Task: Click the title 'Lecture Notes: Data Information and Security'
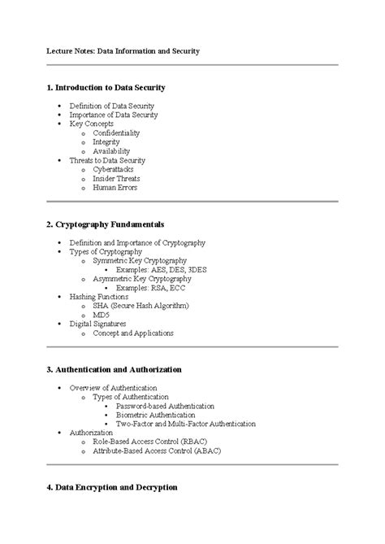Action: (x=122, y=50)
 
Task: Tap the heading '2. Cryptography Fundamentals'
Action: (x=105, y=223)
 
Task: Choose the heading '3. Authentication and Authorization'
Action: (x=114, y=369)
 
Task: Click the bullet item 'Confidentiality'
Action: (x=116, y=133)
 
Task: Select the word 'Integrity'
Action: (x=106, y=141)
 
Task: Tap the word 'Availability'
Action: (x=110, y=151)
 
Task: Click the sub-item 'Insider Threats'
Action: (x=116, y=178)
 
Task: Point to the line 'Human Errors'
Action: (x=115, y=188)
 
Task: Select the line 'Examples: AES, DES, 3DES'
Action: (x=162, y=269)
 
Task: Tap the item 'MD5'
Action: (x=101, y=315)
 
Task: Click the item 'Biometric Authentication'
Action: (x=162, y=415)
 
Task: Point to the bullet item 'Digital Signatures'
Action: (x=98, y=324)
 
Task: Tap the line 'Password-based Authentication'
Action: (x=165, y=406)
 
